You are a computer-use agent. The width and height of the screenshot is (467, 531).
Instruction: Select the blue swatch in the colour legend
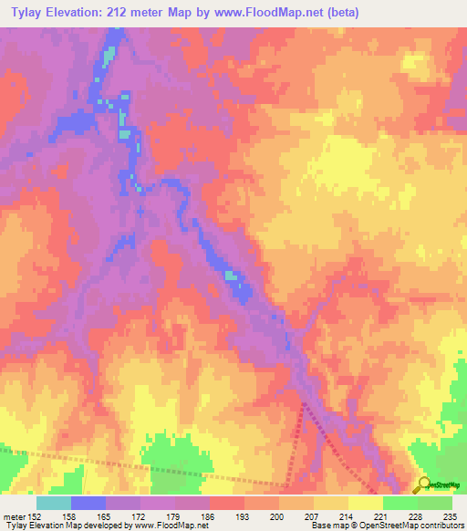pyautogui.click(x=88, y=502)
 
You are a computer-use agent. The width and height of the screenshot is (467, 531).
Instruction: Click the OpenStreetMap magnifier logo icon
pyautogui.click(x=421, y=484)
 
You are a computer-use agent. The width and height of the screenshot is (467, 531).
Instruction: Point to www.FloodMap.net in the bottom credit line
pyautogui.click(x=179, y=526)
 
